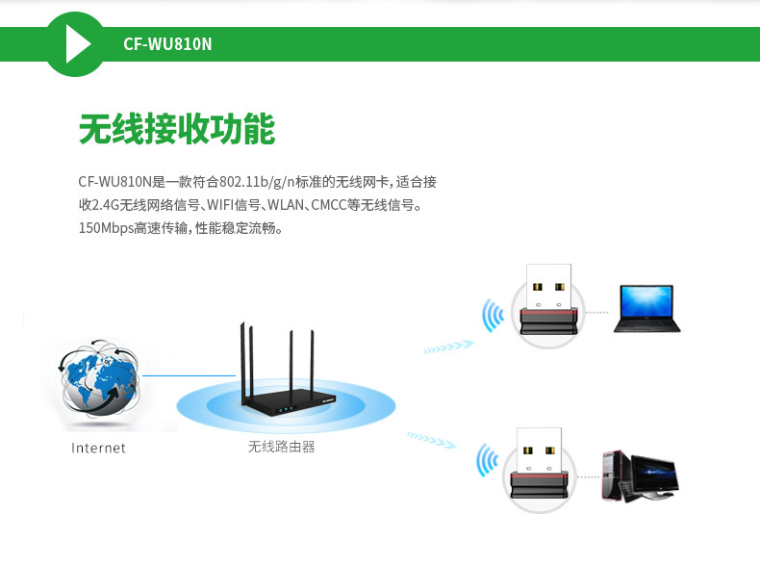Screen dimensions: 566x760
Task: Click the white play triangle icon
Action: pos(77,44)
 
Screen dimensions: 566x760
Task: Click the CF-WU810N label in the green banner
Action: pos(167,44)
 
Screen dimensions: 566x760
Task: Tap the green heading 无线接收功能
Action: pos(177,129)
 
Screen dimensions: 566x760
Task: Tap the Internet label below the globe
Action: pos(98,448)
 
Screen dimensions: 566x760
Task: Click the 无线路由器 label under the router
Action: pos(281,447)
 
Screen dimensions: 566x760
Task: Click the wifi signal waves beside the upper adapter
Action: pos(494,315)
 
